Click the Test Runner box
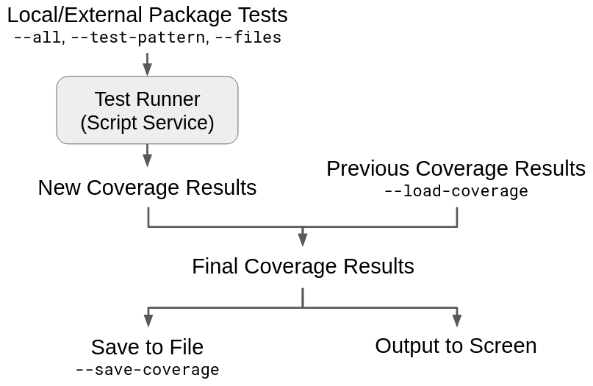click(147, 110)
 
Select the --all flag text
click(37, 37)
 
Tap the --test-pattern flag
click(137, 37)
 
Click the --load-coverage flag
click(456, 191)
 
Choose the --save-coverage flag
click(147, 370)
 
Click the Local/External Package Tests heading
click(147, 15)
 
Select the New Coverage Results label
click(147, 187)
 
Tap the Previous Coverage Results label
click(456, 168)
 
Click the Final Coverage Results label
click(303, 266)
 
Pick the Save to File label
click(147, 347)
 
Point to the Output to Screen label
click(456, 346)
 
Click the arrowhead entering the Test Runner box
click(147, 69)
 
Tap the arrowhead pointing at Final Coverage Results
click(303, 240)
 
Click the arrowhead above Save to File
click(148, 321)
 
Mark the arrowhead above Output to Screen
click(456, 321)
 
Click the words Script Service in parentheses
click(147, 123)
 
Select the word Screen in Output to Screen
click(503, 346)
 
